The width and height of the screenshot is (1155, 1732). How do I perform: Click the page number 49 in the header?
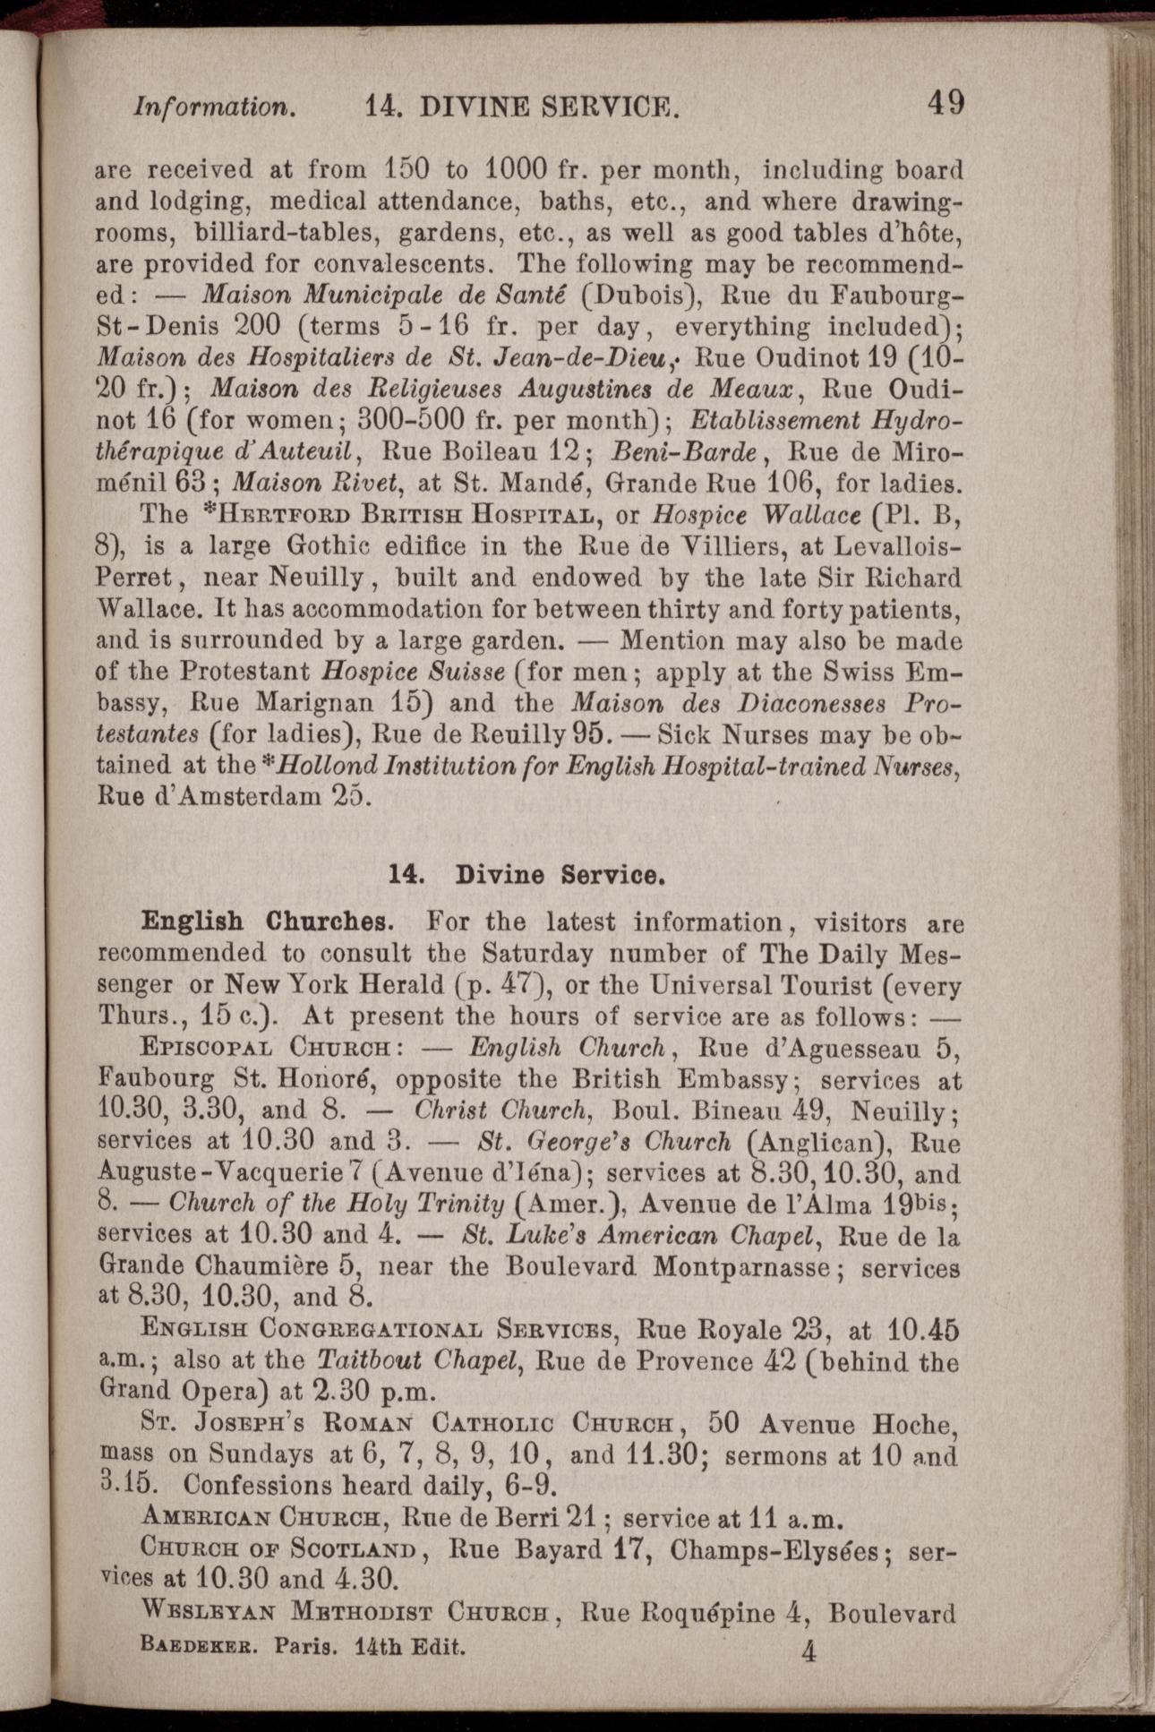coord(945,102)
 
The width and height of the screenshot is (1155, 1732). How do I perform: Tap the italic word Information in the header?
coord(214,107)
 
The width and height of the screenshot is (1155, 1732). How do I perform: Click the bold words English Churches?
coord(266,922)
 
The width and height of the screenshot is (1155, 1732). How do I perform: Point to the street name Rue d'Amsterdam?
coord(199,796)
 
